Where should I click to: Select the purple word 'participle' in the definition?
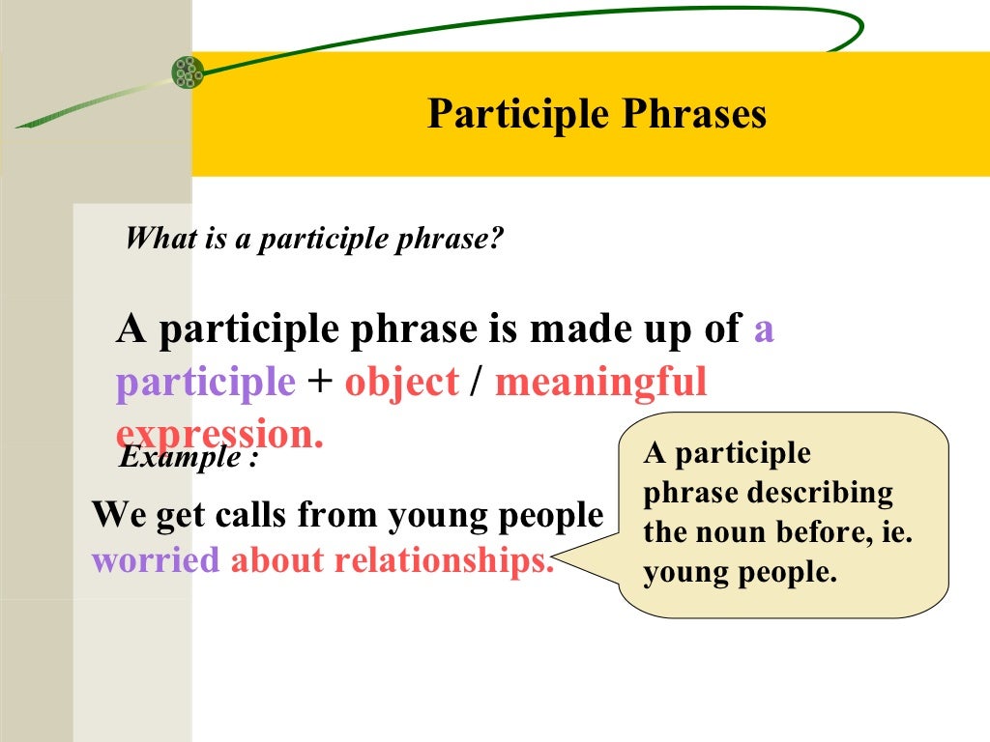click(x=205, y=384)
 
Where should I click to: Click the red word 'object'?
click(x=401, y=383)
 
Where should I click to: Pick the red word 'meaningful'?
click(x=601, y=383)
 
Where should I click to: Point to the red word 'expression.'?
click(x=220, y=434)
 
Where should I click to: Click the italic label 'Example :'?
click(x=189, y=457)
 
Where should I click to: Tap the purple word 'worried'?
click(x=156, y=560)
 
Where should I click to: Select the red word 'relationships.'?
click(x=445, y=560)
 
